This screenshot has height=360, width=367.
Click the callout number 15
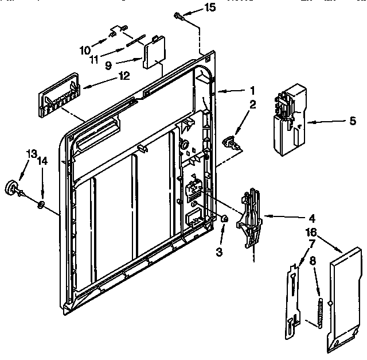click(196, 7)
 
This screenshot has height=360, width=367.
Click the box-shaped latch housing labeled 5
click(289, 118)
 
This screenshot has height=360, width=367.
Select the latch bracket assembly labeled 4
click(250, 218)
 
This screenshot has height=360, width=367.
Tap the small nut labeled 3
click(225, 218)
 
